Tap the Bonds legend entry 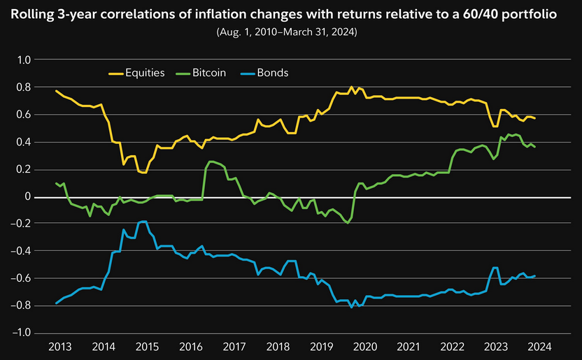point(272,73)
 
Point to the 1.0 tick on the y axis point(24,60)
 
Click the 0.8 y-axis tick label point(24,87)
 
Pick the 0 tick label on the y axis point(29,196)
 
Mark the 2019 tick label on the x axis point(321,346)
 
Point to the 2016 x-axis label point(191,346)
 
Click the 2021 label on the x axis point(409,346)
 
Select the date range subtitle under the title point(291,33)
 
